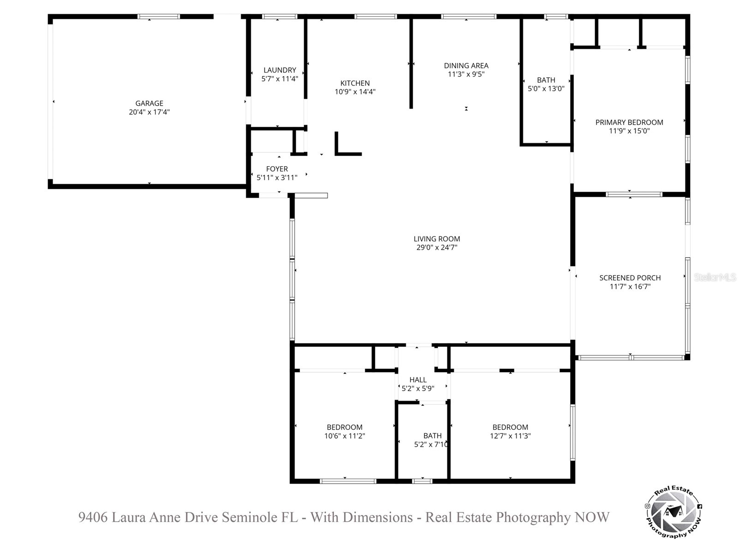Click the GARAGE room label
tap(149, 103)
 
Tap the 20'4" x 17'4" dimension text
tap(149, 112)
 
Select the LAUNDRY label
tap(280, 70)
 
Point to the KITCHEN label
tap(355, 83)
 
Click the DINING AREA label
tap(466, 66)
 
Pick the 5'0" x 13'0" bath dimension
tap(546, 89)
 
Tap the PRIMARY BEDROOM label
tap(629, 122)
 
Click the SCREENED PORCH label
tap(630, 278)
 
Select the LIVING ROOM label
tap(436, 239)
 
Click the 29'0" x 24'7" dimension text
tap(436, 247)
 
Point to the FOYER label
tap(277, 169)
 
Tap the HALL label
tap(418, 380)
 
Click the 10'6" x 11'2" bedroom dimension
tap(345, 436)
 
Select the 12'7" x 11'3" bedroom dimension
tap(510, 436)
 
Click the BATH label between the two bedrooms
tap(432, 436)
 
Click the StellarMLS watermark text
tap(715, 277)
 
